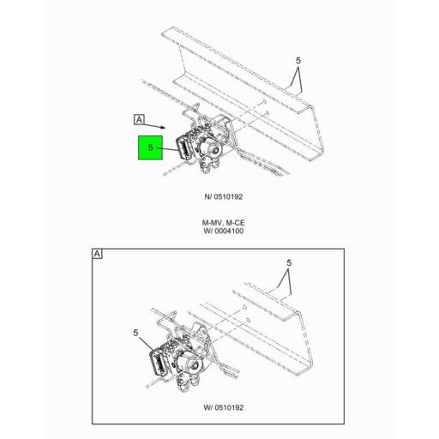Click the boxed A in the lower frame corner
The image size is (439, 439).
pos(97,255)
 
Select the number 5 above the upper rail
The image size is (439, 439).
pos(298,61)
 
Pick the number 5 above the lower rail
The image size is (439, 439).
pos(289,263)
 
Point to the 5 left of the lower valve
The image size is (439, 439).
pos(136,333)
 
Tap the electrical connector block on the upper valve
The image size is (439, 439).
pos(184,145)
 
